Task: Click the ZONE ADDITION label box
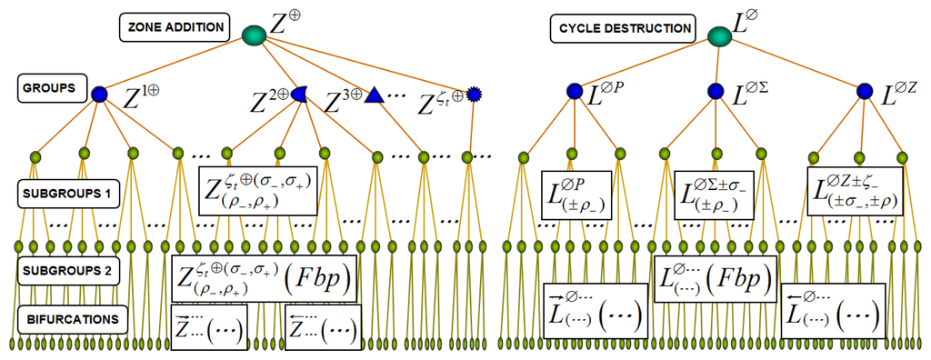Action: click(175, 28)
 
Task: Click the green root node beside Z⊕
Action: click(255, 35)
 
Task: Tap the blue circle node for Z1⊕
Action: click(99, 93)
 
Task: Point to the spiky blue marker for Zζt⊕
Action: click(473, 93)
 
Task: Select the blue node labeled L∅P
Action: click(574, 91)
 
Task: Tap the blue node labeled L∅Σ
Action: click(716, 91)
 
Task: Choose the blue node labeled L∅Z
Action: click(865, 91)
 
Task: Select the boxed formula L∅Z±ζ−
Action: click(855, 192)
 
